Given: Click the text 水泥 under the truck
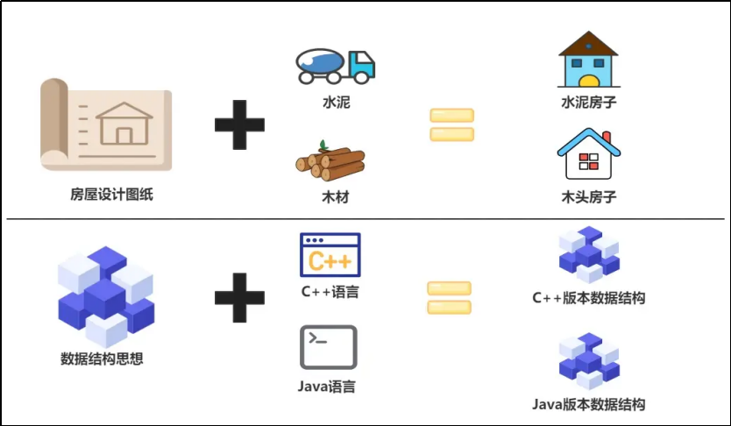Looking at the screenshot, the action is click(336, 103).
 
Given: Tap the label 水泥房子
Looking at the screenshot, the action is click(588, 103).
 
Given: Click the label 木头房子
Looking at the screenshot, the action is click(588, 197).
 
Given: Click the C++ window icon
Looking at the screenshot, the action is click(330, 254).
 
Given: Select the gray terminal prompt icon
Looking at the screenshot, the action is click(329, 347).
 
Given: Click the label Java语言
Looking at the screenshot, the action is click(327, 386).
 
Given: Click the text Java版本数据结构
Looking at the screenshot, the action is click(588, 404).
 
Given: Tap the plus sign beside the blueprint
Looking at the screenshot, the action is click(239, 124).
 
